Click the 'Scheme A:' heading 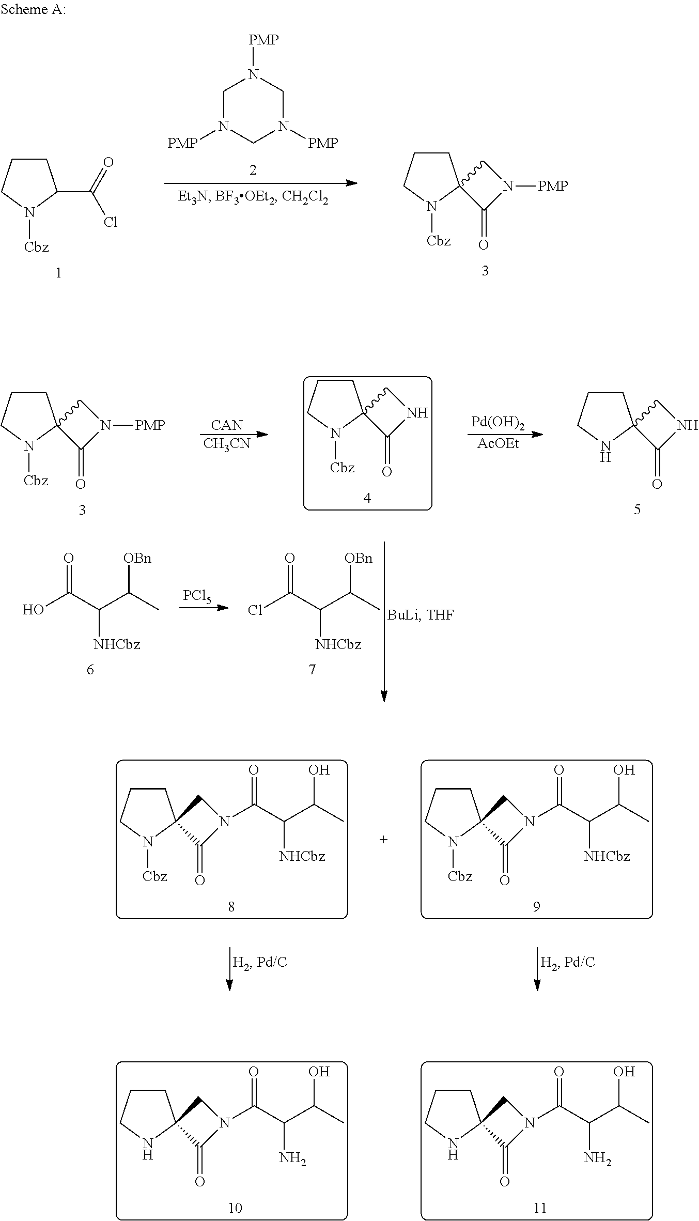(x=34, y=10)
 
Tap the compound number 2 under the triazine (x=253, y=169)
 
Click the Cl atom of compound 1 (x=111, y=222)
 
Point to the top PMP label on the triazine (x=263, y=40)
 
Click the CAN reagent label (x=227, y=425)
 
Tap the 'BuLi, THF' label (x=421, y=614)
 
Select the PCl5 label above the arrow (x=197, y=595)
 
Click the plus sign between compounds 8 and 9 (x=383, y=840)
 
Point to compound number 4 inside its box (x=367, y=498)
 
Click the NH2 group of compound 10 (x=292, y=1158)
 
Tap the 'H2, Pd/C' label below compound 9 (x=567, y=962)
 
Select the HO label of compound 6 (x=33, y=610)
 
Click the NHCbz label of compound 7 (x=338, y=644)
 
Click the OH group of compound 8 (x=319, y=770)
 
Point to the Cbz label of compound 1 (x=36, y=247)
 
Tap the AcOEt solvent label (x=498, y=443)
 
